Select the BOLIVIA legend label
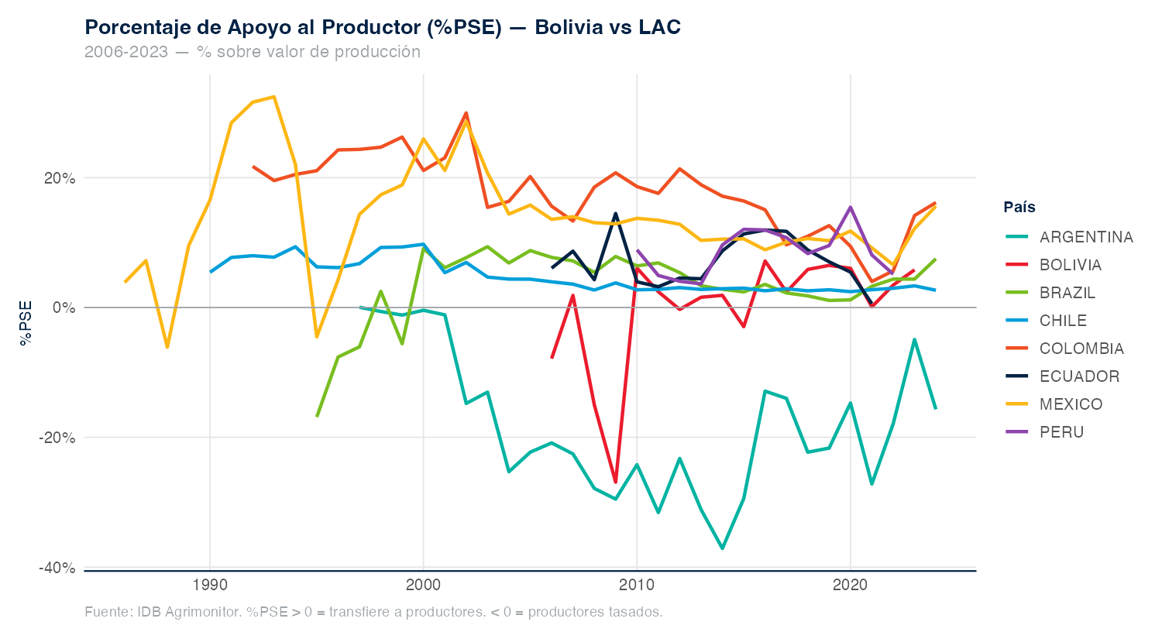point(1070,265)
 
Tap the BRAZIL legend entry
point(1067,293)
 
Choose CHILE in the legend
point(1063,321)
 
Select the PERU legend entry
point(1061,432)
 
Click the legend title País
point(1019,207)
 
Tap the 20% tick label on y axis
point(60,178)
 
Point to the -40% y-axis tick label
point(57,568)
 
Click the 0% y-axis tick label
point(64,307)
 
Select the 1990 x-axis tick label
point(210,585)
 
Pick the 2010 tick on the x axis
point(637,585)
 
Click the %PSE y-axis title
point(26,323)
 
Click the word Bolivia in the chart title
point(569,27)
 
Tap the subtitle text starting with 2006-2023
point(253,52)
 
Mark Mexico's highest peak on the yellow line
point(274,97)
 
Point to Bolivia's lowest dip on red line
point(616,483)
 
